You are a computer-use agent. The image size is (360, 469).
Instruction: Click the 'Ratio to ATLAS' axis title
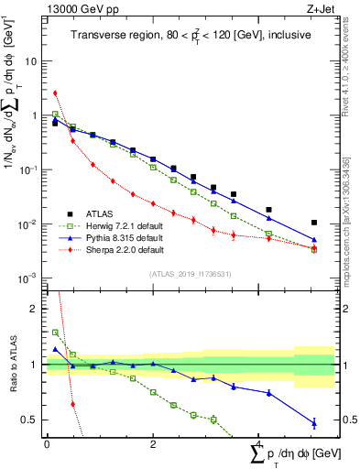point(12,365)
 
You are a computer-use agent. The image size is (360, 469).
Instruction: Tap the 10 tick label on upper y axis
point(31,61)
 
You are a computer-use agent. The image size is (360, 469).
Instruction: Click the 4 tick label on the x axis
point(259,445)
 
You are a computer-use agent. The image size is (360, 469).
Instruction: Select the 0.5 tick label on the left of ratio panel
point(30,420)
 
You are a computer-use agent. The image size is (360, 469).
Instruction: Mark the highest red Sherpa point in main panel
point(56,93)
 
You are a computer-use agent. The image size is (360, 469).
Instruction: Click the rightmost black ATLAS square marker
point(314,223)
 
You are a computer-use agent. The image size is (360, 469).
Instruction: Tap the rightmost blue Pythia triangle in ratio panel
point(314,422)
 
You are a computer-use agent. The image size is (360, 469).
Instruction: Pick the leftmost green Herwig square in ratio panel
point(56,333)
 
